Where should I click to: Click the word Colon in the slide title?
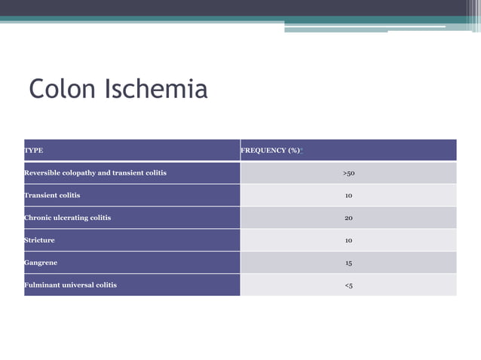click(x=63, y=90)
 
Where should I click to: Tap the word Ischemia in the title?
click(x=156, y=90)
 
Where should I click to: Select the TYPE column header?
click(x=33, y=151)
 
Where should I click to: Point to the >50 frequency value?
click(x=348, y=173)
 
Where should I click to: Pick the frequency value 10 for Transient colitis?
click(x=348, y=196)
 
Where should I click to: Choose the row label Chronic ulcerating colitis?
click(x=68, y=218)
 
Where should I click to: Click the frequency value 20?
click(x=348, y=218)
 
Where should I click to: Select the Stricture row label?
click(x=39, y=240)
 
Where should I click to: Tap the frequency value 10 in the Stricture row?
click(x=348, y=240)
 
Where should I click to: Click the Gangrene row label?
click(x=41, y=263)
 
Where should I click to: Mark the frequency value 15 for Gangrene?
click(x=348, y=263)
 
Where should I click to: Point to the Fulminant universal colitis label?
click(x=70, y=285)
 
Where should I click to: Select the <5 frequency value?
click(x=348, y=285)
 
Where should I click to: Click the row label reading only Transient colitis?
click(x=52, y=196)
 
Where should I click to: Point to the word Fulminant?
click(x=42, y=285)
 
